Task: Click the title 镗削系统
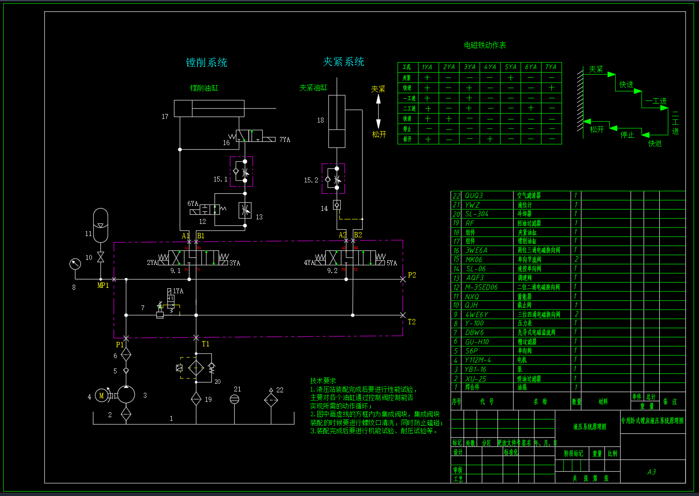coord(206,63)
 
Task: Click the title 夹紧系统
coord(343,62)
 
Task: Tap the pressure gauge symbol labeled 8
coord(75,264)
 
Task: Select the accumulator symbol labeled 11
coord(101,225)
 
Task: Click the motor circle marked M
coord(101,396)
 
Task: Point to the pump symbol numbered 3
coord(126,395)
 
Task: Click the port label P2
coord(412,275)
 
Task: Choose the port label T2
coord(411,322)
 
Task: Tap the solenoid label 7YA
coord(285,140)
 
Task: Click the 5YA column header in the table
coord(511,67)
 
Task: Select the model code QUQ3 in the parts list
coord(474,196)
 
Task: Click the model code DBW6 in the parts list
coord(475,332)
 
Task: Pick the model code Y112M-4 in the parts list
coord(478,360)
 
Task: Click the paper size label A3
coord(652,472)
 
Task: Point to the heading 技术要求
coord(323,381)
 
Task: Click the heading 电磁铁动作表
coord(485,45)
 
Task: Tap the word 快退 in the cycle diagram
coord(655,143)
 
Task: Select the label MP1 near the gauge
coord(103,285)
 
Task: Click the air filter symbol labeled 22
coord(271,399)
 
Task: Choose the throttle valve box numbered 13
coord(245,210)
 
